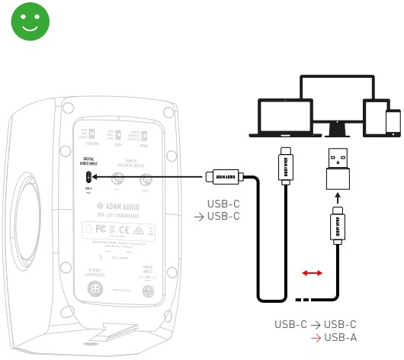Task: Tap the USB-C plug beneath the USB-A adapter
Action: (x=336, y=226)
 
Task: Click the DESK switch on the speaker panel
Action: (x=120, y=133)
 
